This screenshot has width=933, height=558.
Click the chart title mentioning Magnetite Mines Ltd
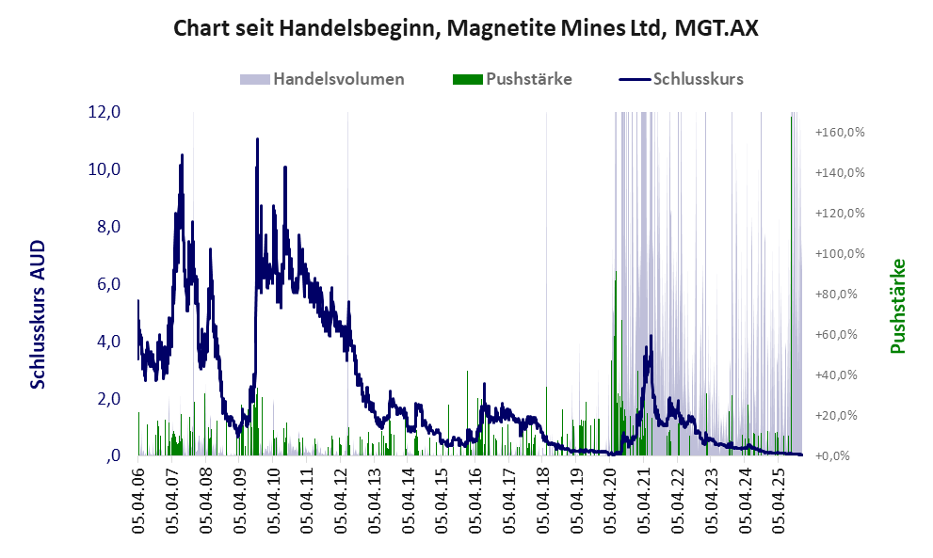(466, 29)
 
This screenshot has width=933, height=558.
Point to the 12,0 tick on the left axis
(104, 112)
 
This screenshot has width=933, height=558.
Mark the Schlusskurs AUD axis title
(39, 314)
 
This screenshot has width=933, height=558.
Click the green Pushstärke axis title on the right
(897, 306)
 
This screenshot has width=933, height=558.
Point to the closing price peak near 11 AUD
(257, 140)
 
